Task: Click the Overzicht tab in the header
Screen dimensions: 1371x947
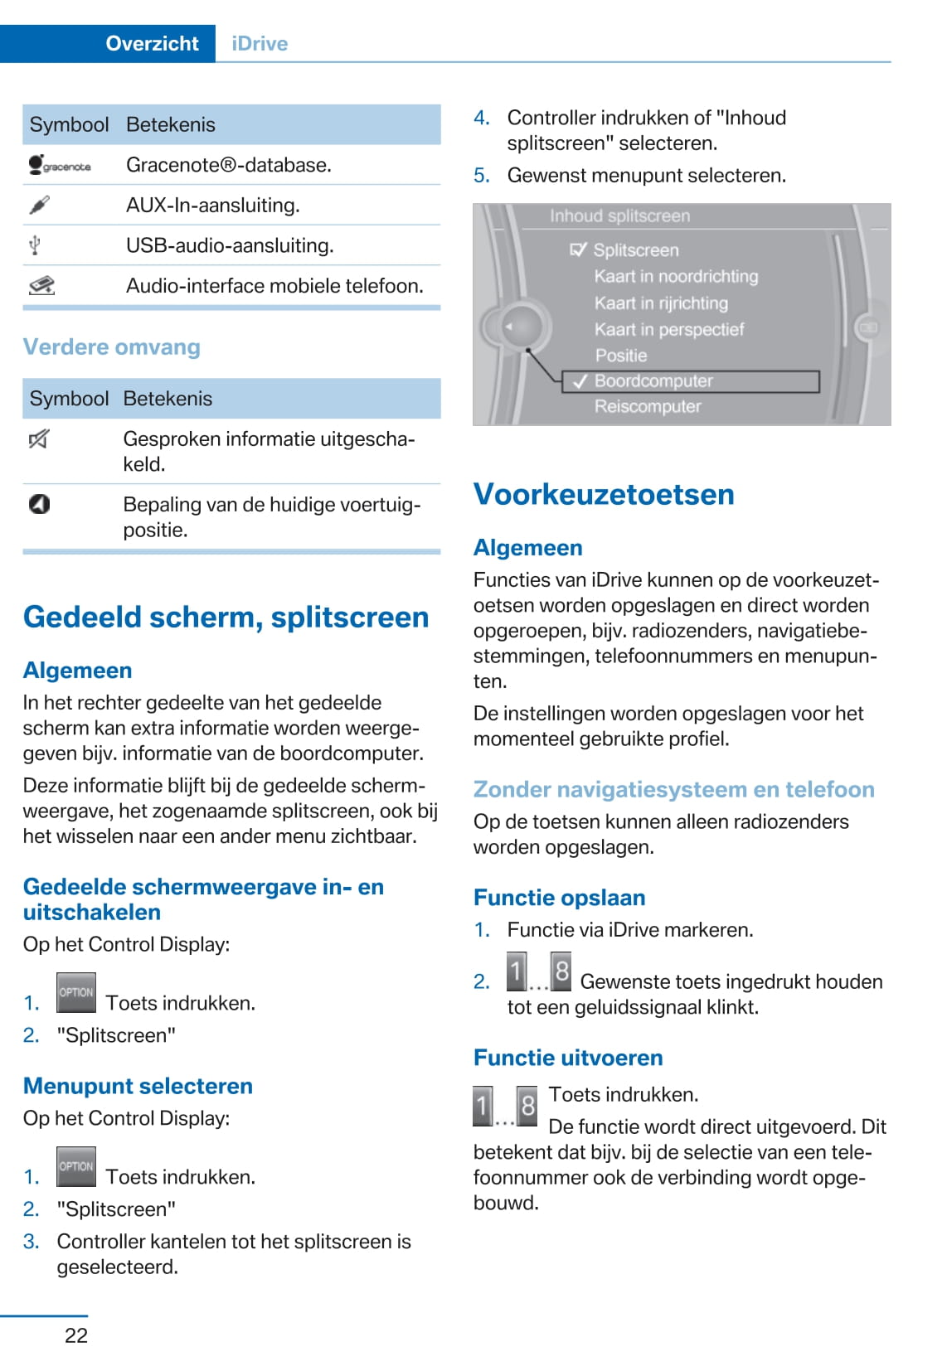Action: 152,43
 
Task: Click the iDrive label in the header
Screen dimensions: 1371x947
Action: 260,43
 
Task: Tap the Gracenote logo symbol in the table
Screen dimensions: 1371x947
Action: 59,165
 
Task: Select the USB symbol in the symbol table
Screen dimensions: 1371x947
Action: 35,245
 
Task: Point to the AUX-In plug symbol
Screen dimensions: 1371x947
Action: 39,205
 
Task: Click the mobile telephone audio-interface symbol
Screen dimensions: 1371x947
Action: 41,286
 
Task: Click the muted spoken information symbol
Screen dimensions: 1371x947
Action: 39,439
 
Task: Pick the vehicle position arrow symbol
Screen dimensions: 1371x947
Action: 39,504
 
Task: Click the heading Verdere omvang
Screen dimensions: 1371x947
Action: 112,346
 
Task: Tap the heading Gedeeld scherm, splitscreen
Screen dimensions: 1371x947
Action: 226,617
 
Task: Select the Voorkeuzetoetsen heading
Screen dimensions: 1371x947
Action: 604,494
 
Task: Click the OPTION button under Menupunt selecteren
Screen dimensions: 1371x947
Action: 76,1166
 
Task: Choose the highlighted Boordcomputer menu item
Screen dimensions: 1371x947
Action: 653,381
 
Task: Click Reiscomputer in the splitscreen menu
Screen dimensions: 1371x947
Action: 648,407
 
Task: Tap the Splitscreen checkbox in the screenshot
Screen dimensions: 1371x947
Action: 579,249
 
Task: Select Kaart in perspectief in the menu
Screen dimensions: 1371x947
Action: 669,329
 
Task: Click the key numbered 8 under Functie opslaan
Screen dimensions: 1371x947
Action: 561,972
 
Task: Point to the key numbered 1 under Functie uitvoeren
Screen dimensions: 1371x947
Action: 483,1106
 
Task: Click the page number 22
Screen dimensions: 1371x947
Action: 76,1335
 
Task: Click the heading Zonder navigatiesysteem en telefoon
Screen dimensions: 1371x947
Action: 673,789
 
